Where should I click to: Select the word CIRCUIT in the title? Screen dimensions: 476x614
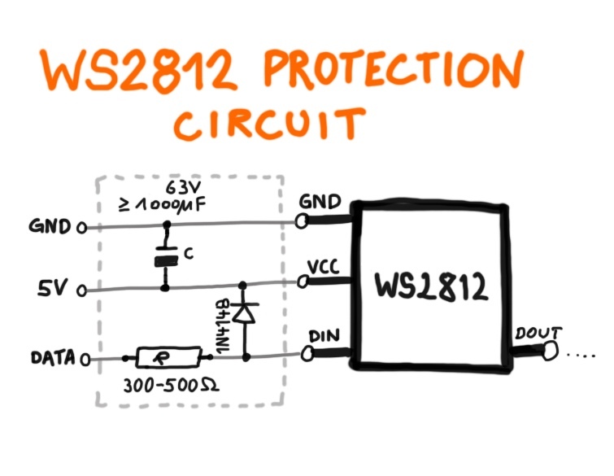[x=268, y=125]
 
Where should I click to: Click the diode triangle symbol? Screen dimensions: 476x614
[x=243, y=312]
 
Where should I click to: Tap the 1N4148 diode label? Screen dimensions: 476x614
[x=221, y=325]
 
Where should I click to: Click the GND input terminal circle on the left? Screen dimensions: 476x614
[x=81, y=228]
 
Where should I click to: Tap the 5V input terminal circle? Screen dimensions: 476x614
[x=81, y=289]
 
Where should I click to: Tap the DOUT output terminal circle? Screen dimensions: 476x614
[x=551, y=351]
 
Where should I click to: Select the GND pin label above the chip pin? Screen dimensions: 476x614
[x=318, y=202]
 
